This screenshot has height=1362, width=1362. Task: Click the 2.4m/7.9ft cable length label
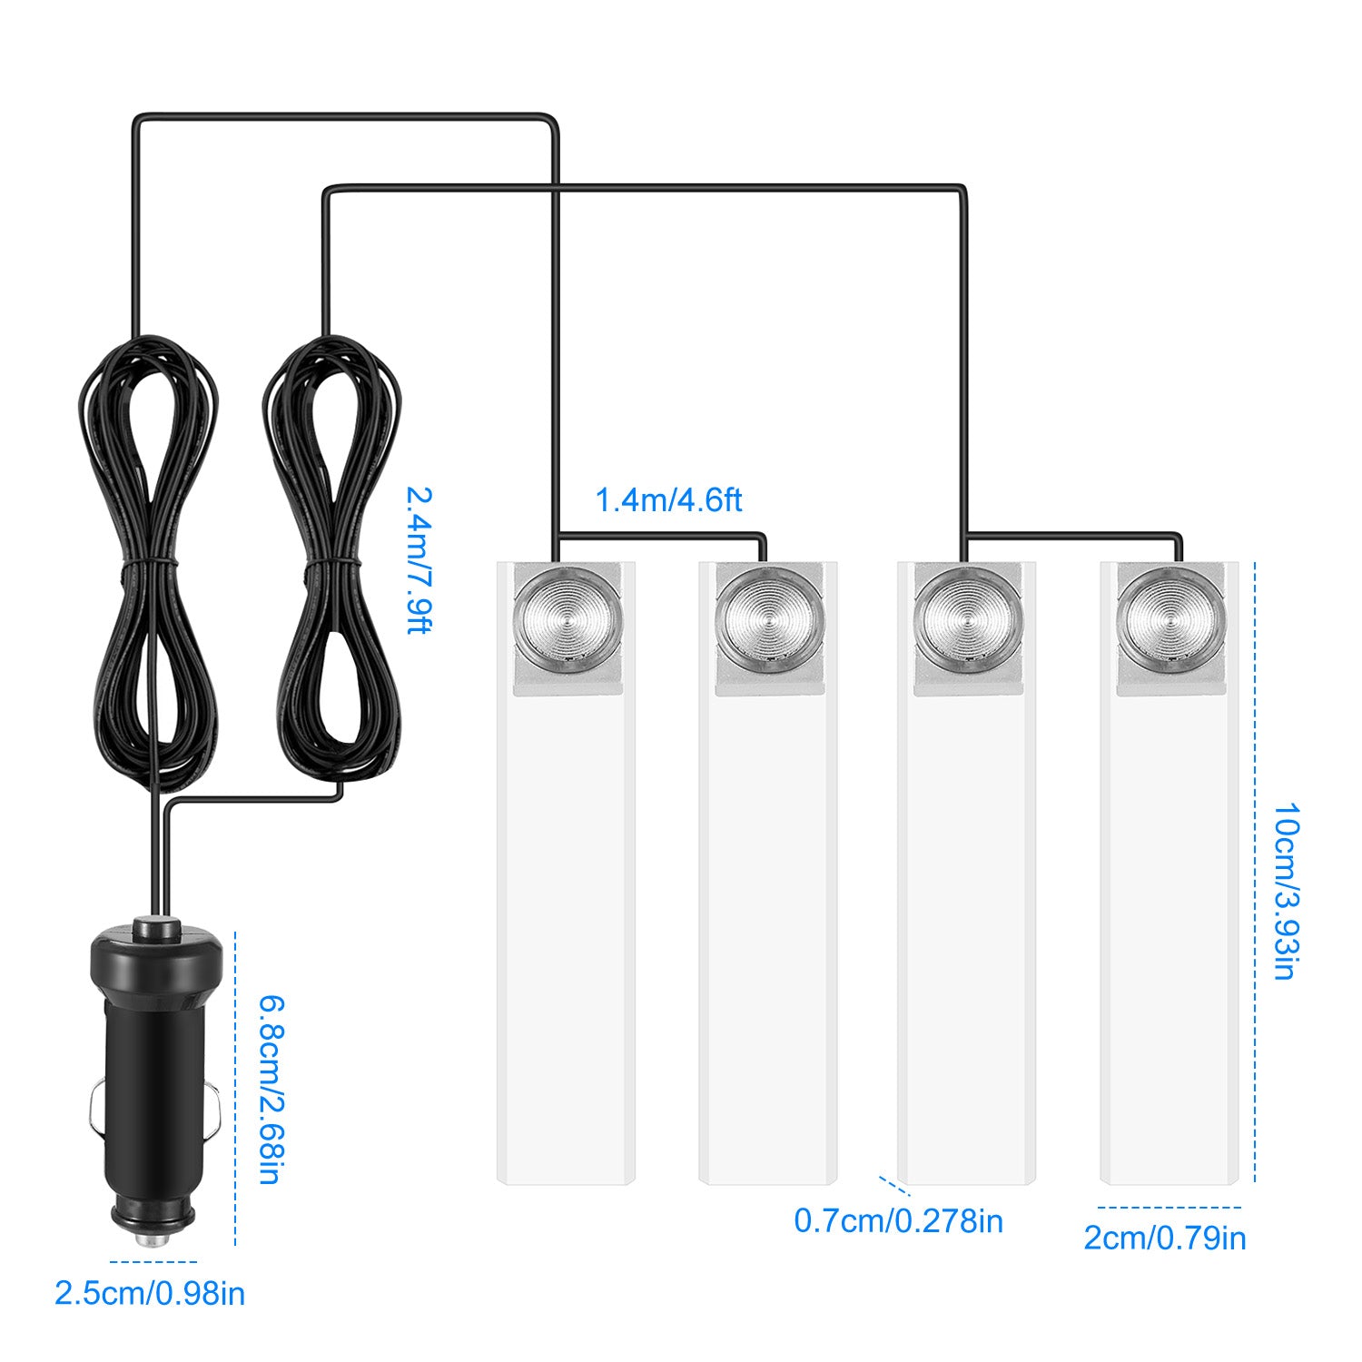point(419,560)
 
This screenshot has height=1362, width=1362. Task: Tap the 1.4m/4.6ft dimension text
point(668,500)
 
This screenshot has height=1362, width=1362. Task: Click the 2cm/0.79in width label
point(1165,1239)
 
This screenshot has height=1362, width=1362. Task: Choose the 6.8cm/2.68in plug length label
point(269,1090)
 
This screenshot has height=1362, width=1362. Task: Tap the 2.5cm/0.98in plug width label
point(150,1293)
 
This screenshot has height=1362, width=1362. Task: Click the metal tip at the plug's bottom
point(151,1239)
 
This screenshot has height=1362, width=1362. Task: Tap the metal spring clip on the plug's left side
point(95,1113)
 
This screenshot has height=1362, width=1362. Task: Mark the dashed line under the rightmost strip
point(1169,1208)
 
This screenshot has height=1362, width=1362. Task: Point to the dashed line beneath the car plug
point(153,1262)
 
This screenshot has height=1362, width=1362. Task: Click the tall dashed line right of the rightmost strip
point(1255,872)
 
